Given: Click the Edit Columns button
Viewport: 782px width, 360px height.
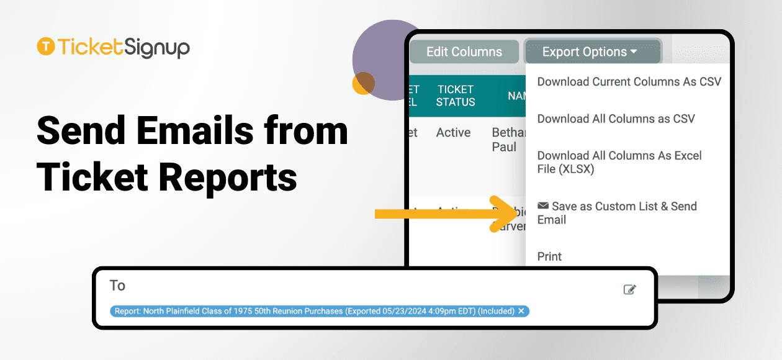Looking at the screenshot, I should (464, 52).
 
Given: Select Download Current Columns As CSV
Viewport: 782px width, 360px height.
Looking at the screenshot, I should (629, 81).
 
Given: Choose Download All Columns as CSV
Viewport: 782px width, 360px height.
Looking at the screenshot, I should (616, 119).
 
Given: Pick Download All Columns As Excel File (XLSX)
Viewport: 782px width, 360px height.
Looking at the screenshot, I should (619, 162).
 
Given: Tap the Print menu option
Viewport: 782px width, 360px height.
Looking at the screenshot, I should (549, 256).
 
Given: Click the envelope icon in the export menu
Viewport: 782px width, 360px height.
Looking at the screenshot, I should (543, 206).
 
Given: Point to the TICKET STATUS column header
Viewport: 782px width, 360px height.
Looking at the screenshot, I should (455, 96).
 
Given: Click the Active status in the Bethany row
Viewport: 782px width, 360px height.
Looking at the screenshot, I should (453, 132).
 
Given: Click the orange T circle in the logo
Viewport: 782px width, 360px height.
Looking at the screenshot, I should (45, 47).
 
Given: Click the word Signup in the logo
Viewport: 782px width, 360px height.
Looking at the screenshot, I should (156, 47).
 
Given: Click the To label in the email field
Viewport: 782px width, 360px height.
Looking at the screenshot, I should (117, 286).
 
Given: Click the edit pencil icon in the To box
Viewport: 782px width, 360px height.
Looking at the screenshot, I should (629, 289).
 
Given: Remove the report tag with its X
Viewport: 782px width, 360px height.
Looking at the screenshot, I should (521, 311).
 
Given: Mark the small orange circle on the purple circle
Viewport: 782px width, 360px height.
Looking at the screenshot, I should (363, 83).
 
